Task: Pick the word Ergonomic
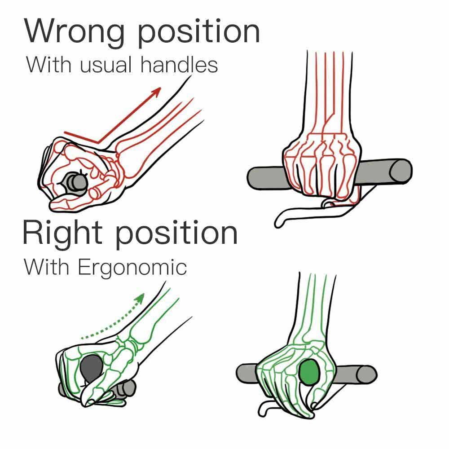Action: [132, 268]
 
